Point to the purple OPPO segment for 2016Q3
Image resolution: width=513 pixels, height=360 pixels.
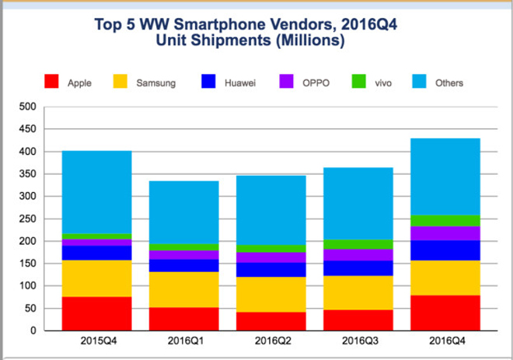357,255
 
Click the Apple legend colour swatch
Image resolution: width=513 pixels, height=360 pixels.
52,80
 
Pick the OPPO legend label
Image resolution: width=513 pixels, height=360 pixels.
315,81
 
